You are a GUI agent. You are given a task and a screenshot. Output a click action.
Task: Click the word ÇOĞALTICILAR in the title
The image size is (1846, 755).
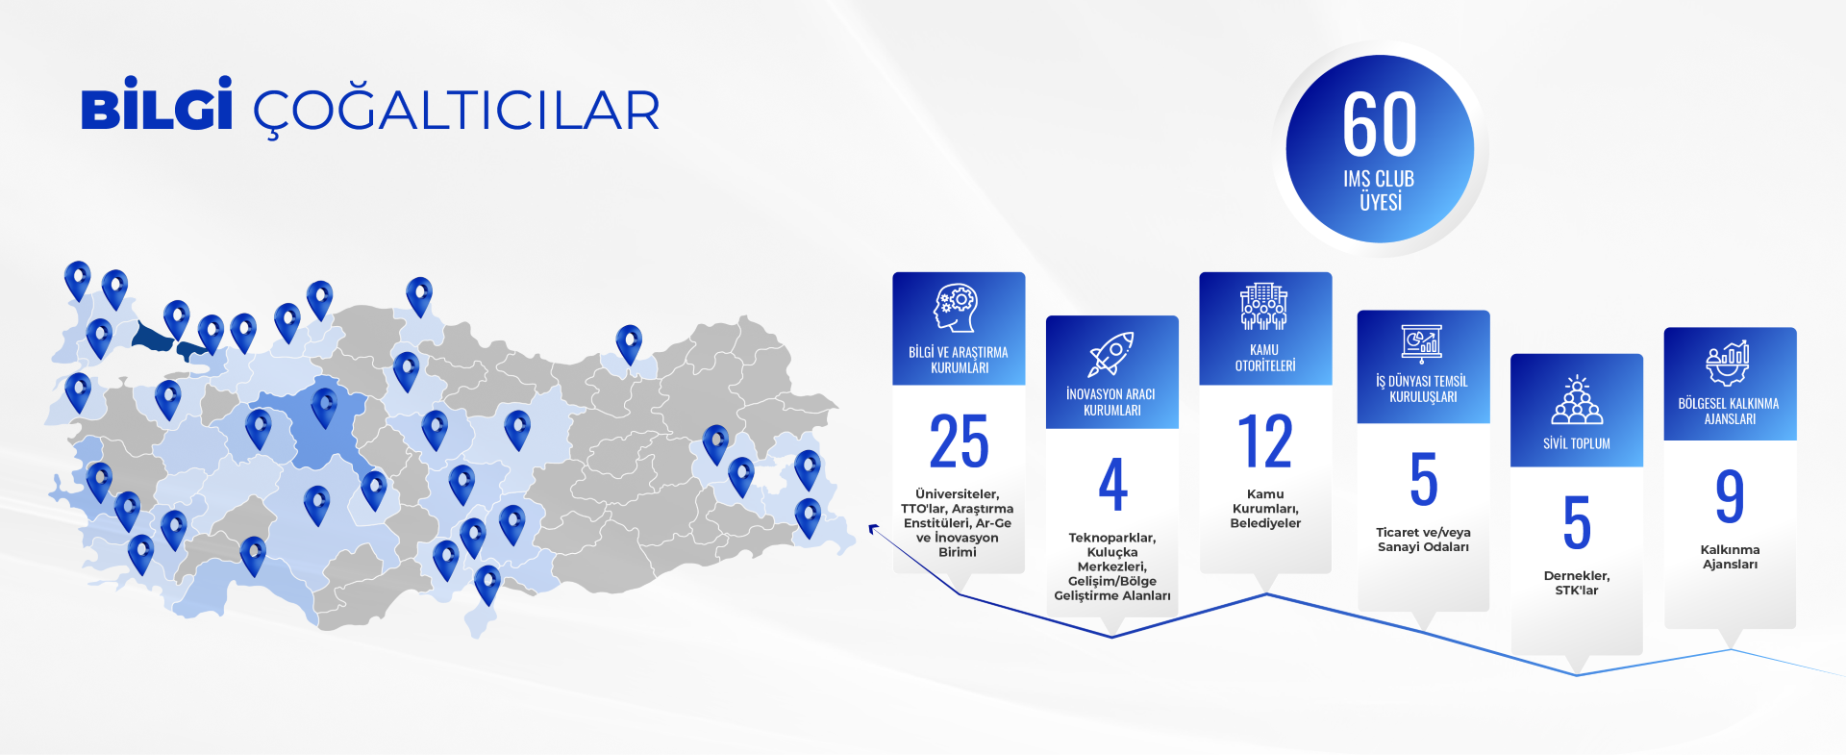click(x=457, y=111)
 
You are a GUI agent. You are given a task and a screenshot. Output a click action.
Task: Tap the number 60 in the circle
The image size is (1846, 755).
click(x=1380, y=124)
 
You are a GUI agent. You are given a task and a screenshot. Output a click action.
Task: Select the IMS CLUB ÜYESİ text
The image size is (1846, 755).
click(x=1380, y=190)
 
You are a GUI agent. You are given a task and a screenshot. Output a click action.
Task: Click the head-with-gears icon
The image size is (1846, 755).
click(x=958, y=308)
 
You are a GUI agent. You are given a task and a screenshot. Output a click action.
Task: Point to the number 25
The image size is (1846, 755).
click(x=959, y=441)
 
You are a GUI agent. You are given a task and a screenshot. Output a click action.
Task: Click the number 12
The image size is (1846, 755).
click(x=1265, y=441)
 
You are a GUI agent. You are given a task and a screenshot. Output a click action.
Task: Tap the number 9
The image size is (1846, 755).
click(x=1730, y=496)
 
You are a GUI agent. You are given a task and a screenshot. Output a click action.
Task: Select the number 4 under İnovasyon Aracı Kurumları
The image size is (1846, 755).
click(x=1112, y=484)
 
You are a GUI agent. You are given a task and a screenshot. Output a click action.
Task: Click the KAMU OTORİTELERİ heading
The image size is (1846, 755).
click(x=1265, y=358)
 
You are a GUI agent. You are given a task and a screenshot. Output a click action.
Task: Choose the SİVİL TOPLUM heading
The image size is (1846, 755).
click(x=1577, y=443)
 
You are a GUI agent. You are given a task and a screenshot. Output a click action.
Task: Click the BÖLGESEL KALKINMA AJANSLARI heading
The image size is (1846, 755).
click(x=1730, y=411)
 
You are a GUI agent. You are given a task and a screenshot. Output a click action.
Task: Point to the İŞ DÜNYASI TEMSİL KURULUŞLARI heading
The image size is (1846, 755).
click(x=1423, y=389)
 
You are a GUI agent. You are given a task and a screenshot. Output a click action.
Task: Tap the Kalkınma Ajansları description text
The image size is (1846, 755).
click(x=1730, y=557)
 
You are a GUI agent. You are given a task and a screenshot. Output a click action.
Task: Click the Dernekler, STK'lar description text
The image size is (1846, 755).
click(x=1577, y=583)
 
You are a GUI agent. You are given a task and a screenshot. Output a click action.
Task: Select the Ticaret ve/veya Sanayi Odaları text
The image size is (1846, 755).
click(x=1423, y=540)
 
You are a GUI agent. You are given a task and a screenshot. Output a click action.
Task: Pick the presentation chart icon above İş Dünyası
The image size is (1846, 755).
click(x=1422, y=341)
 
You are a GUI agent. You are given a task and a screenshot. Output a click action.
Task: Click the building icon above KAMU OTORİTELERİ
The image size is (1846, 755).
click(x=1264, y=307)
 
